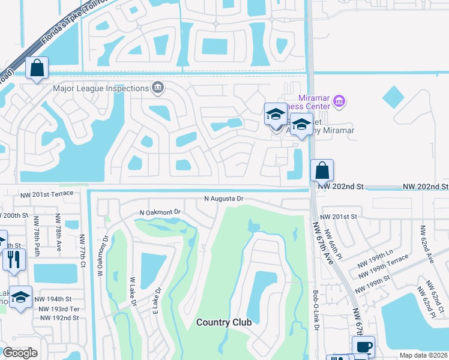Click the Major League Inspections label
tap(101, 88)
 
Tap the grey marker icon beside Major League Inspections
tap(157, 88)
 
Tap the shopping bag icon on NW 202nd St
tap(322, 170)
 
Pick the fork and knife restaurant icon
tap(11, 259)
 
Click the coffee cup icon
tap(363, 346)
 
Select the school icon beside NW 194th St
tap(21, 297)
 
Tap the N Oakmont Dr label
tap(160, 212)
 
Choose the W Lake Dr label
tap(133, 291)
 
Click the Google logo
tap(20, 353)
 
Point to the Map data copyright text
tap(423, 355)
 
